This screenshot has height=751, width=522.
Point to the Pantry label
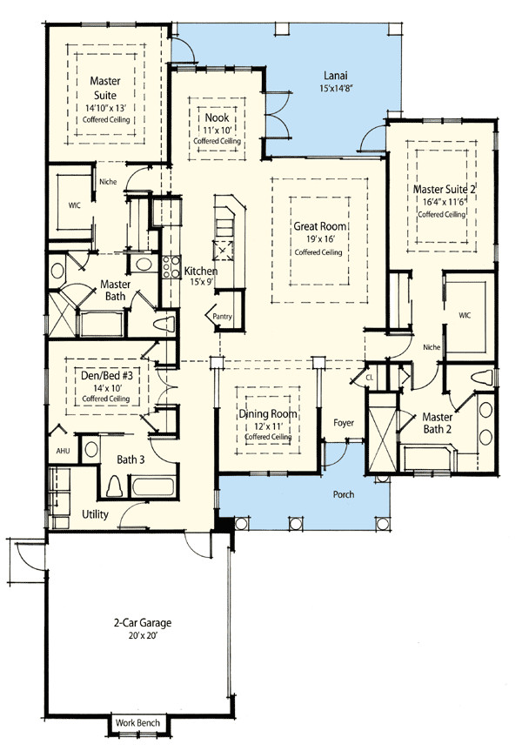click(222, 317)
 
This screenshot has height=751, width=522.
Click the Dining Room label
click(268, 414)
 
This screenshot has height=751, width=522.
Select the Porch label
click(344, 494)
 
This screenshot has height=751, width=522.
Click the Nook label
click(217, 117)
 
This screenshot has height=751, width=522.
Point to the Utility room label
click(95, 514)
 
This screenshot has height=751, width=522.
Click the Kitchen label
click(200, 272)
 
